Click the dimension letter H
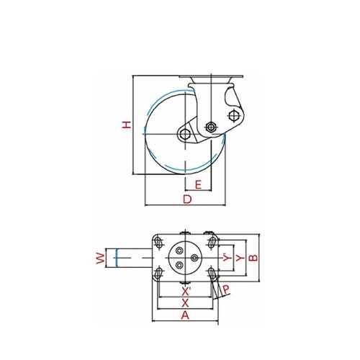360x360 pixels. click(127, 125)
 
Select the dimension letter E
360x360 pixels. click(198, 185)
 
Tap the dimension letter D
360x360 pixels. click(187, 199)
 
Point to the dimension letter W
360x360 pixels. click(101, 258)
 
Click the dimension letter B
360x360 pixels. click(253, 258)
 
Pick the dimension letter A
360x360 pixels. click(185, 315)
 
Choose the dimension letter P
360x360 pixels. click(226, 290)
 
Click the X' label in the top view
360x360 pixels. click(186, 292)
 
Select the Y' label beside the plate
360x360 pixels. click(228, 258)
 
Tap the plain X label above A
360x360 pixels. click(185, 304)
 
